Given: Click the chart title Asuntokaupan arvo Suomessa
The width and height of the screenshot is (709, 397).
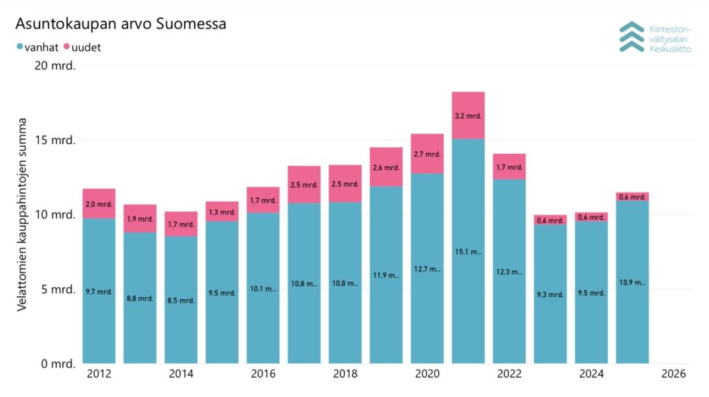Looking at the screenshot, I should (121, 24).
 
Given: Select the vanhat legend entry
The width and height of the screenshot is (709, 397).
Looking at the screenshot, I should (37, 47).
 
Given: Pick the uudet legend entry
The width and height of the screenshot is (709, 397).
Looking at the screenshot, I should (82, 47).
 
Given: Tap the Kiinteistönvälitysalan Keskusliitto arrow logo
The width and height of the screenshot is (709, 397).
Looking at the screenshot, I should (631, 37).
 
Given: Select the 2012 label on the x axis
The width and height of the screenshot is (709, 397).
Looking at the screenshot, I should (99, 374).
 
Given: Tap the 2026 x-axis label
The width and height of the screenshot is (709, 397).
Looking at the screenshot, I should (673, 374).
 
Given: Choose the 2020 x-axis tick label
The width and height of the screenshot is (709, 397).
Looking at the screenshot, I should (427, 374).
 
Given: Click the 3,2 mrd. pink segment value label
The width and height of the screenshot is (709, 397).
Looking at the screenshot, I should (468, 116).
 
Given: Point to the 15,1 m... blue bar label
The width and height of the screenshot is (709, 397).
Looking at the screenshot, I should (468, 252).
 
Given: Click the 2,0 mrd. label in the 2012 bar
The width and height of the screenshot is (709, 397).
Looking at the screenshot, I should (99, 204).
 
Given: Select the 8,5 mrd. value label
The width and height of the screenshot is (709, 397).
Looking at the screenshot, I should (181, 301).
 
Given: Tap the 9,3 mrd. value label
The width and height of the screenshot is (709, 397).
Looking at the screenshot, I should (550, 295).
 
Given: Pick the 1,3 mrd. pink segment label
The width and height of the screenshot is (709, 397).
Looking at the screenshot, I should (222, 212).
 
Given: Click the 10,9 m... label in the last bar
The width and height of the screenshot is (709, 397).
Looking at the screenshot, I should (632, 283).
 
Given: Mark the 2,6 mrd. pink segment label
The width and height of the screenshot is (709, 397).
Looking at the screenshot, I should (386, 168).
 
